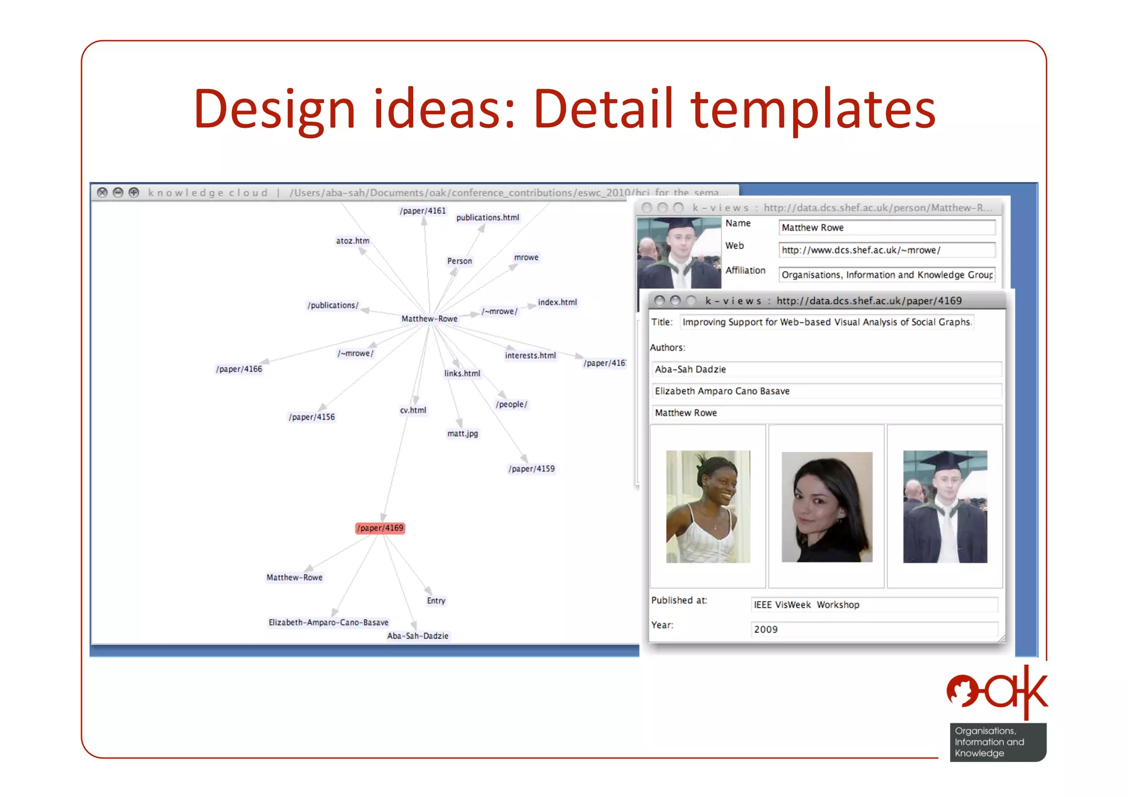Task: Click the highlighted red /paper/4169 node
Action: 380,528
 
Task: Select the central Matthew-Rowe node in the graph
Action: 429,318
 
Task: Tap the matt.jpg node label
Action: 462,433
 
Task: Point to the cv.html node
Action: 413,410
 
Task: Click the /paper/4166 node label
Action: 239,368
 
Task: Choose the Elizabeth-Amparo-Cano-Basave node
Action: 328,622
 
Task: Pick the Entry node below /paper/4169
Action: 436,600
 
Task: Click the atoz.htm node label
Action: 352,241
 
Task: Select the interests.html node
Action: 530,355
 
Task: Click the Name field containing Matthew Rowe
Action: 886,227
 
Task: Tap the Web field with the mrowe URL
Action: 886,250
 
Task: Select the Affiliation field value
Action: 886,274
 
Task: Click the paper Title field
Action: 826,322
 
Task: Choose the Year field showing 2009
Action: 874,629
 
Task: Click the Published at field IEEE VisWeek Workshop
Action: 874,604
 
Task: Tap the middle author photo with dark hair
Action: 826,507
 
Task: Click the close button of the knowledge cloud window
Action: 102,192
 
